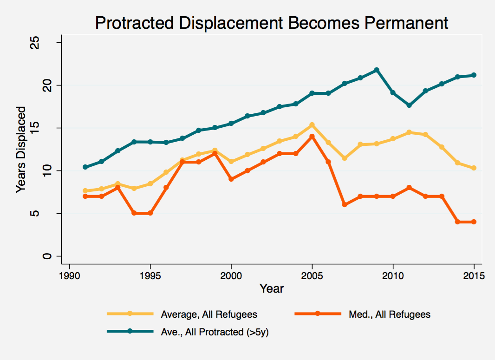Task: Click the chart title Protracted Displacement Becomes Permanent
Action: point(271,23)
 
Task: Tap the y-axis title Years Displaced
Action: point(21,149)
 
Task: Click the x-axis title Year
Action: point(271,288)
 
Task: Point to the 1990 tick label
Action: point(69,275)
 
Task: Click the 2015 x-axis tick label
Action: point(474,275)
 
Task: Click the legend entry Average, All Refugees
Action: point(209,314)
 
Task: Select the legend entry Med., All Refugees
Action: point(389,314)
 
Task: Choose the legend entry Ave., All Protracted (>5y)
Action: point(215,332)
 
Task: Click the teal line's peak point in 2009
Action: point(377,70)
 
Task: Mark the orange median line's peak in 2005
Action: point(312,137)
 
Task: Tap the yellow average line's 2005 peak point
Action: point(312,125)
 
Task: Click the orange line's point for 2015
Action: point(474,222)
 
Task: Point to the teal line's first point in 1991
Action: point(85,167)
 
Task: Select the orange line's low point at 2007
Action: point(345,205)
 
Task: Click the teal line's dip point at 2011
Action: point(409,105)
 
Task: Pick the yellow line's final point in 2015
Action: point(474,168)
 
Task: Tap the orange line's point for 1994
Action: point(134,213)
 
